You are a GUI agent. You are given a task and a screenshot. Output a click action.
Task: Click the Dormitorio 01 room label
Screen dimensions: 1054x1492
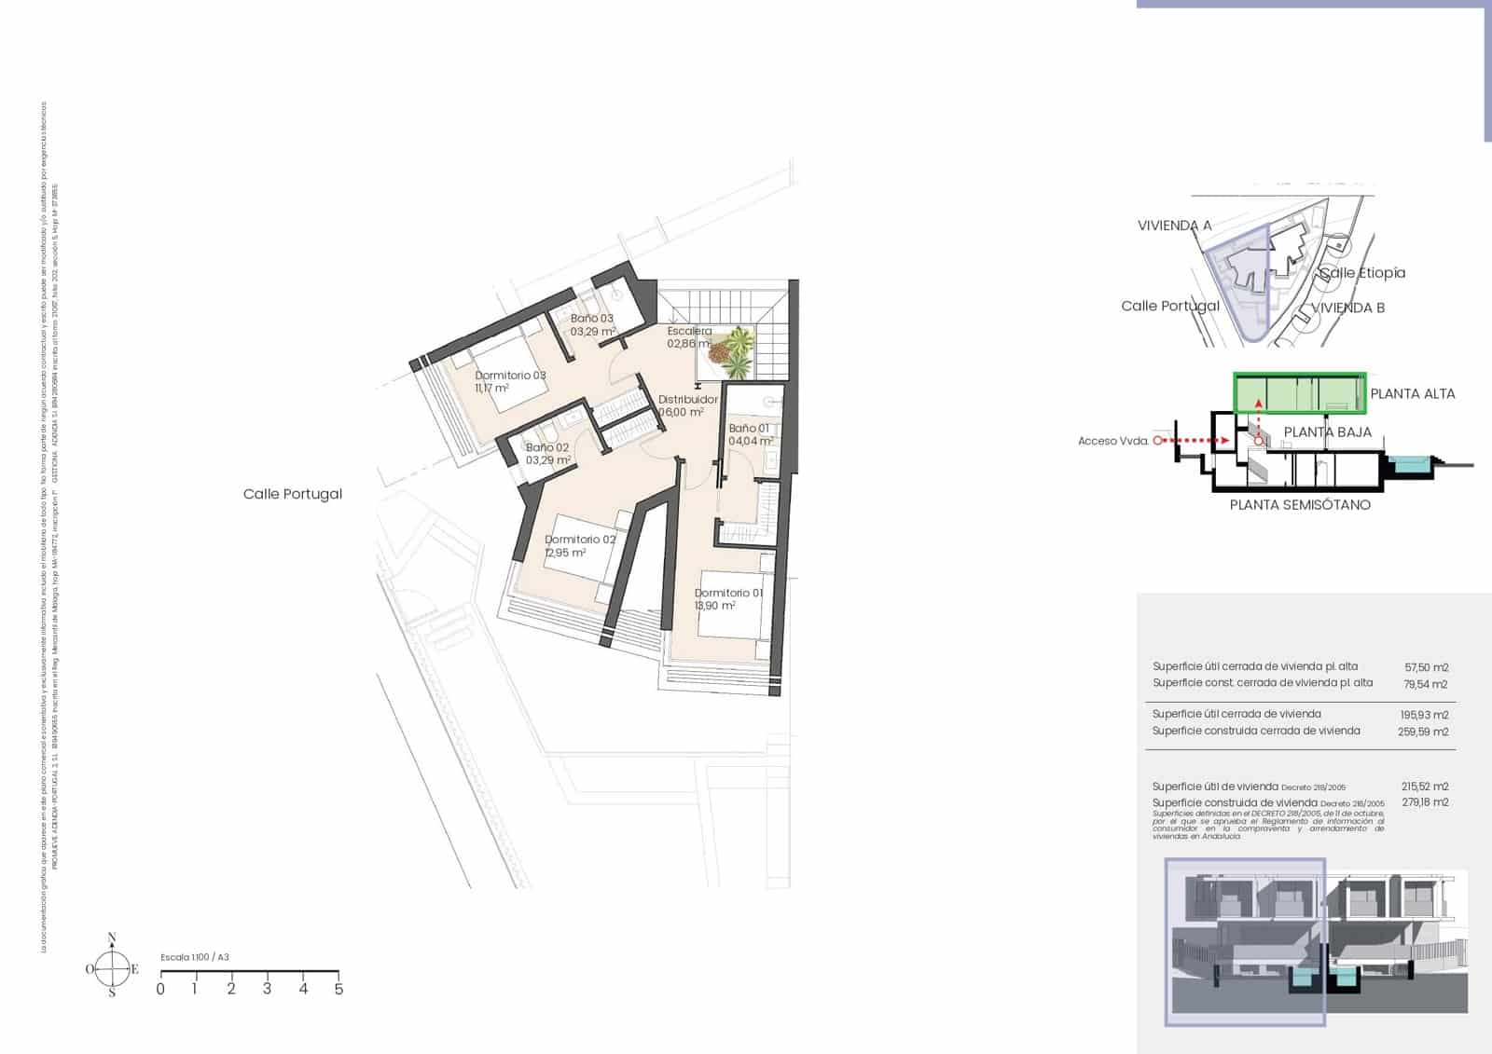click(728, 593)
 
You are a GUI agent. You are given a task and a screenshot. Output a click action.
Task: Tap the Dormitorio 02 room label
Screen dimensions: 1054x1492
click(580, 540)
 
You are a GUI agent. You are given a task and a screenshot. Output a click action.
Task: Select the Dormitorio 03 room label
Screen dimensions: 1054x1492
click(510, 376)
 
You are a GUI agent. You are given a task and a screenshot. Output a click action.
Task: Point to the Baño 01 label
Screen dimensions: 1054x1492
click(749, 429)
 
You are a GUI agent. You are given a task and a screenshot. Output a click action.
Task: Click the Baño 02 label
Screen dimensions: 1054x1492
click(547, 448)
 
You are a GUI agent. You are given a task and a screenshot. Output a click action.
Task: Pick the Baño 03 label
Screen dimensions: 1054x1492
click(592, 319)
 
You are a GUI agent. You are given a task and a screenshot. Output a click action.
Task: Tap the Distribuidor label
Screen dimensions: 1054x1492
click(688, 400)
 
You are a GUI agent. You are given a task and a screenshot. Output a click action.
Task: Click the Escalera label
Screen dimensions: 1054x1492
click(689, 331)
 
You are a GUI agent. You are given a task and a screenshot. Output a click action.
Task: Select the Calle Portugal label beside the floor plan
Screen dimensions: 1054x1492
click(293, 494)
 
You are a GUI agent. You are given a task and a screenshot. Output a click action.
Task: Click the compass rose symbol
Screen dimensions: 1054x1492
click(112, 968)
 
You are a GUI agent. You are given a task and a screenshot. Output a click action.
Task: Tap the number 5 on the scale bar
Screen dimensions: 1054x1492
click(338, 989)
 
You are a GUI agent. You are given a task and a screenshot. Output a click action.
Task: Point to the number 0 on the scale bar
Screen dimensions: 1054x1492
click(160, 989)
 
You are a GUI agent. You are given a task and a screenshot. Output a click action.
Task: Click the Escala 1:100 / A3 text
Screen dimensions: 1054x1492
click(195, 957)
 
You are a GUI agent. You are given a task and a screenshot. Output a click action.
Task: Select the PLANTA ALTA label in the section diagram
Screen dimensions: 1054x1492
click(1413, 394)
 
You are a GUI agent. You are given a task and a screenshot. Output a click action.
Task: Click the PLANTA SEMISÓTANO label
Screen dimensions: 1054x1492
click(1300, 505)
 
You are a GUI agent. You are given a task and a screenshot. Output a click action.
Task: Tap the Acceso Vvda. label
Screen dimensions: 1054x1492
click(1112, 441)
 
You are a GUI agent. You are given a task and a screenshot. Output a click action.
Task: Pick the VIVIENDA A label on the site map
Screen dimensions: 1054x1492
click(1174, 226)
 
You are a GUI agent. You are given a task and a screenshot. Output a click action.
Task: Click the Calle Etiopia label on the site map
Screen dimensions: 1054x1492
click(1362, 273)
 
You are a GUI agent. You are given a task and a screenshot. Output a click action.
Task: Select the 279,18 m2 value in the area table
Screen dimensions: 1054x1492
click(1425, 802)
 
